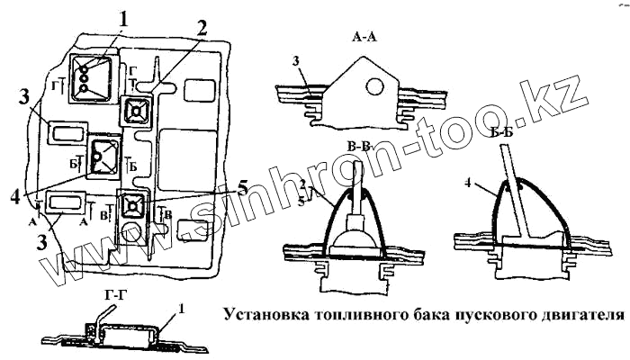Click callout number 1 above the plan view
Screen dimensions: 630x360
124,17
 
